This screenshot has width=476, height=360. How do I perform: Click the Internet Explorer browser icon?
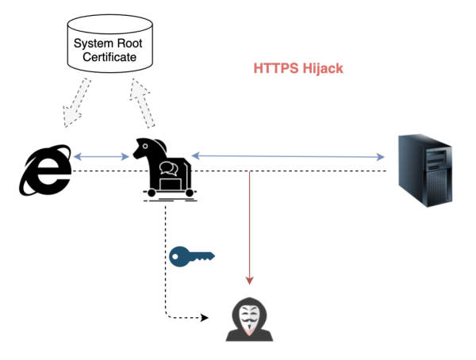coord(45,170)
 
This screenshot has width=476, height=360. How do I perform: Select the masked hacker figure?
coord(249,320)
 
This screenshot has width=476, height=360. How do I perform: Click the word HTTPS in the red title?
coord(273,69)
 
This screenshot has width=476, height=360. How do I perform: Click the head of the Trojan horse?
coord(146,147)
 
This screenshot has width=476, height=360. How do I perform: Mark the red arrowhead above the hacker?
coord(250,279)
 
